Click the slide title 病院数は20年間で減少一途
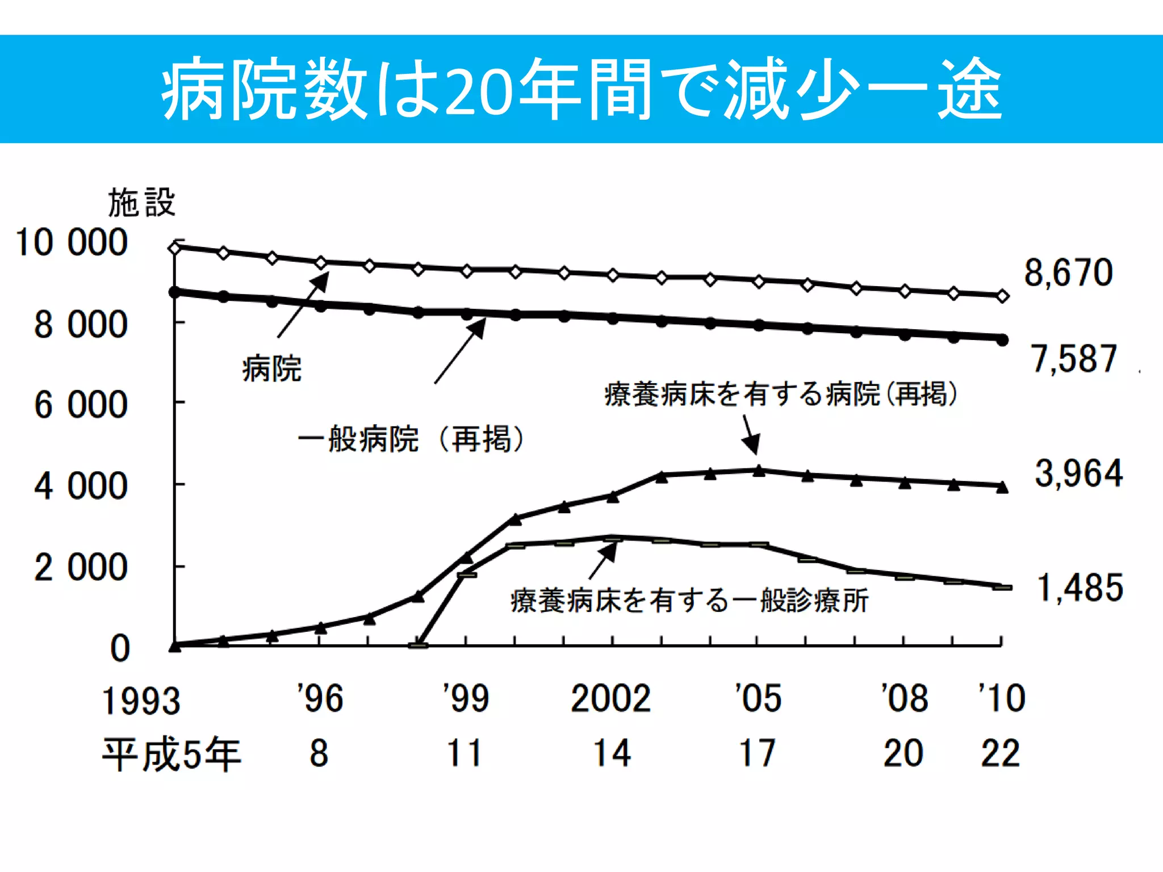click(x=581, y=89)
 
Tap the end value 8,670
click(x=1068, y=272)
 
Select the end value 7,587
click(x=1074, y=359)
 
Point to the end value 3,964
click(x=1078, y=473)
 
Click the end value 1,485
click(x=1080, y=588)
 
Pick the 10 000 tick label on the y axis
click(x=72, y=242)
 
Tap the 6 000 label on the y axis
click(x=81, y=405)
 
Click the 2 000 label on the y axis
click(x=81, y=567)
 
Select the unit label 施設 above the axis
click(x=141, y=203)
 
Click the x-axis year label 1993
click(x=141, y=701)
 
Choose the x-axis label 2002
click(x=610, y=698)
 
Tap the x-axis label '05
click(x=758, y=698)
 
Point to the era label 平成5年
click(x=171, y=754)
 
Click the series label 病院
click(x=271, y=369)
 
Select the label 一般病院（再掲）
click(x=410, y=439)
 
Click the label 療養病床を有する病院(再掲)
click(x=781, y=394)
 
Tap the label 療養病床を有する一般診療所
click(x=689, y=601)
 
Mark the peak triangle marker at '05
click(x=759, y=471)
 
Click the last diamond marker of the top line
click(x=1003, y=296)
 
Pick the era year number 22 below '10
click(x=1001, y=754)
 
